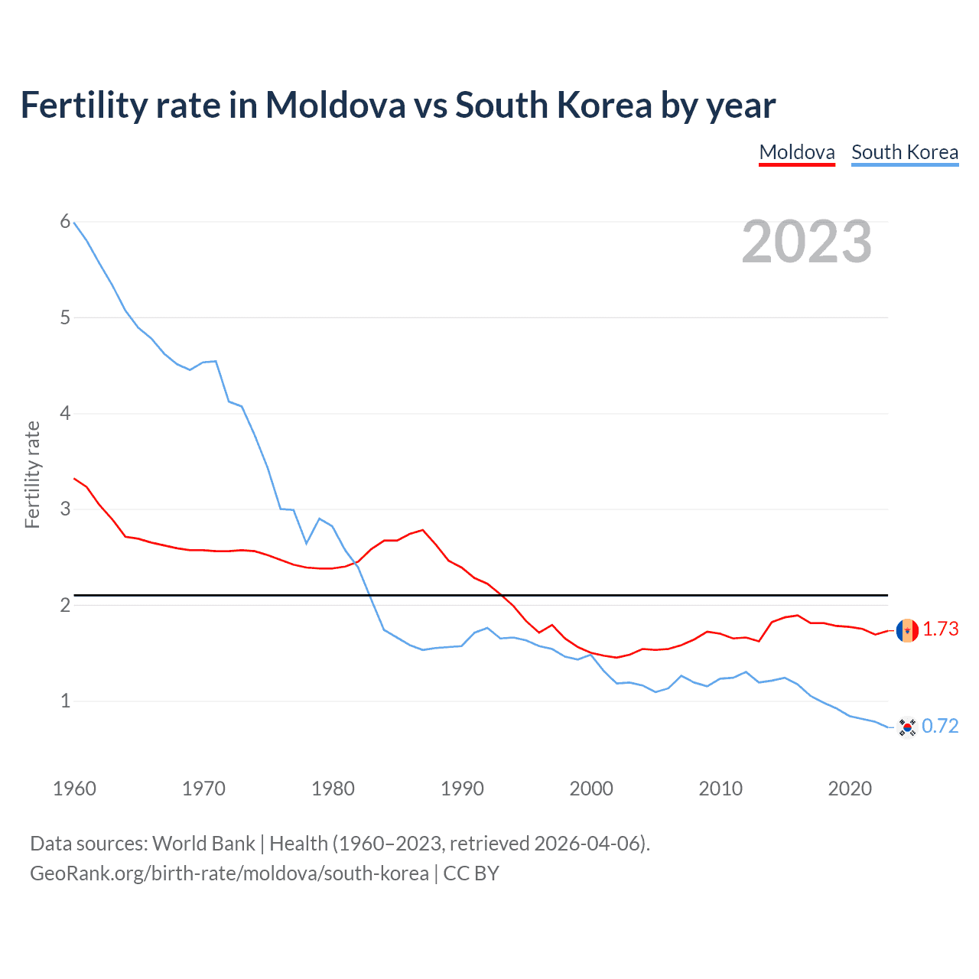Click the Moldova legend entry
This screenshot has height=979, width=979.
(796, 152)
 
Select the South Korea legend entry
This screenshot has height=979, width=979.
(904, 152)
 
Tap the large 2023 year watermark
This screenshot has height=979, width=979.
(806, 242)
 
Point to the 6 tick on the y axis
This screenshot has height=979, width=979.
(65, 222)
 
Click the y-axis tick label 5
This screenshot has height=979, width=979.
(65, 317)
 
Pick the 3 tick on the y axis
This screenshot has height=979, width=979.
(65, 509)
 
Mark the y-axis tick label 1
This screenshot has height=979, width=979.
(65, 701)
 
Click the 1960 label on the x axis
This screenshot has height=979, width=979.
(74, 789)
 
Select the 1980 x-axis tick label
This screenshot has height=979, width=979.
(333, 789)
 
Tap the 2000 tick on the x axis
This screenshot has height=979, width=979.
(591, 789)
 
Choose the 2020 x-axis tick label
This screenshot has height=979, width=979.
(850, 789)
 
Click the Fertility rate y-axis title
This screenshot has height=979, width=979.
(32, 474)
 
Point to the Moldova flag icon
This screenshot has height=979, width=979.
(907, 630)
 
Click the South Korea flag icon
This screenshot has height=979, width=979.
(907, 727)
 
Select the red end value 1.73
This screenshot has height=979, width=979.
(940, 629)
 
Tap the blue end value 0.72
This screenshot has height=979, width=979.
(940, 726)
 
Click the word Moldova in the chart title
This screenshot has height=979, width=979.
(335, 105)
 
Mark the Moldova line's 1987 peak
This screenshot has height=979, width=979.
(423, 529)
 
